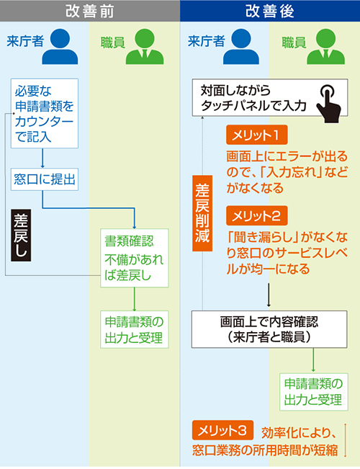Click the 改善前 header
click(90, 11)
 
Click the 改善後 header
click(270, 11)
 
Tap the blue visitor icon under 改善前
click(60, 46)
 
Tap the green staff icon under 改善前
click(145, 46)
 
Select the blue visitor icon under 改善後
click(241, 46)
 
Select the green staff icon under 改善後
click(326, 46)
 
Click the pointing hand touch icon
click(329, 103)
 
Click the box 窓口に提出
click(45, 179)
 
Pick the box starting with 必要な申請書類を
click(45, 113)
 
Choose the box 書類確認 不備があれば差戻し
click(135, 258)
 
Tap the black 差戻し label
click(21, 235)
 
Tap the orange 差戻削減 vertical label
click(202, 213)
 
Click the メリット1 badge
click(257, 135)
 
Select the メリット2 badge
click(257, 215)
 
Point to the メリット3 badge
click(222, 430)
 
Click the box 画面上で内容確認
click(269, 329)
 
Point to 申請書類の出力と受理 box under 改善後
click(314, 392)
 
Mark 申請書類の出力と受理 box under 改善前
click(135, 330)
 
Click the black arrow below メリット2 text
click(269, 295)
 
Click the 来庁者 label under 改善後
click(206, 42)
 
